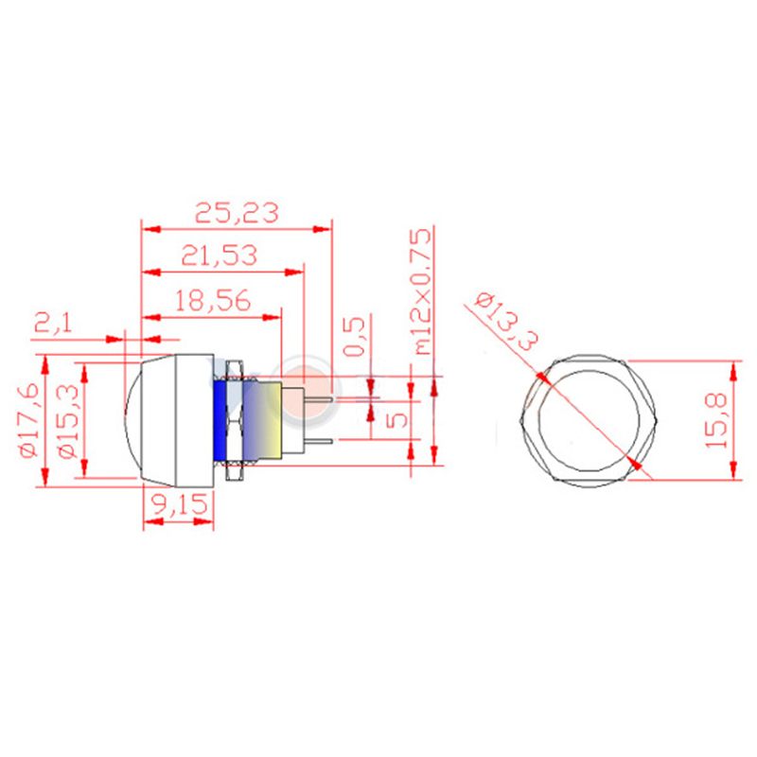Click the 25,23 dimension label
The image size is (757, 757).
pyautogui.click(x=237, y=213)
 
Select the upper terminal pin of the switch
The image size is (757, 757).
pyautogui.click(x=320, y=397)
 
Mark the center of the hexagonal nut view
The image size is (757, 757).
pyautogui.click(x=589, y=418)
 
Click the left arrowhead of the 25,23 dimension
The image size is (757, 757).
pyautogui.click(x=148, y=227)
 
